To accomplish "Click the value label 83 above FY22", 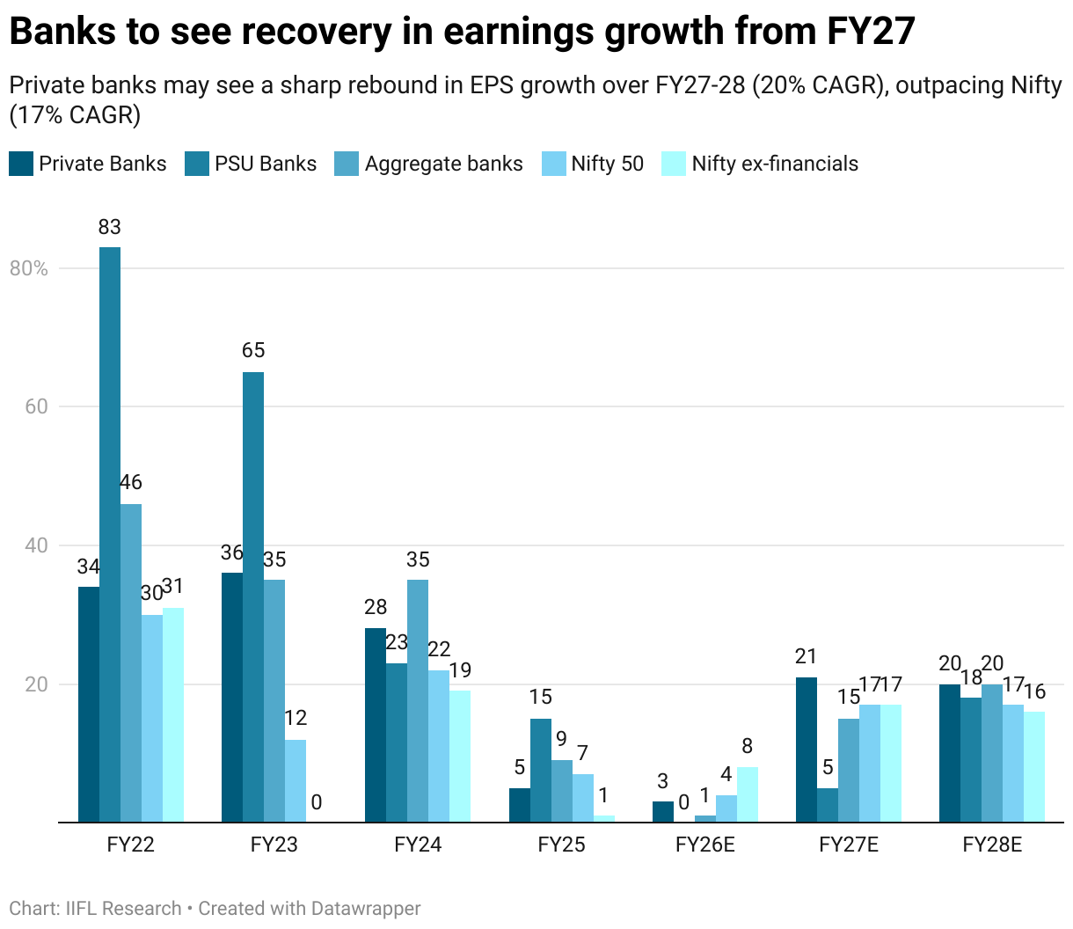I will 110,227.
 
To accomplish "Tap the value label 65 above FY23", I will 253,350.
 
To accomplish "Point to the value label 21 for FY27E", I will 807,656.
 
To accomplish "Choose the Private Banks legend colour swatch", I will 21,164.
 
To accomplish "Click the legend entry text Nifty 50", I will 607,164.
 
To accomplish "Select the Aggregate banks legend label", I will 443,164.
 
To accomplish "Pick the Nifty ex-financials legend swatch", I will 673,164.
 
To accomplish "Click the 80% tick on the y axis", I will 29,268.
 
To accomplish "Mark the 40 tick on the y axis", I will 35,545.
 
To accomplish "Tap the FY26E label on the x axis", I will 704,845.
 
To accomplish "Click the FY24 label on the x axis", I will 418,845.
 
